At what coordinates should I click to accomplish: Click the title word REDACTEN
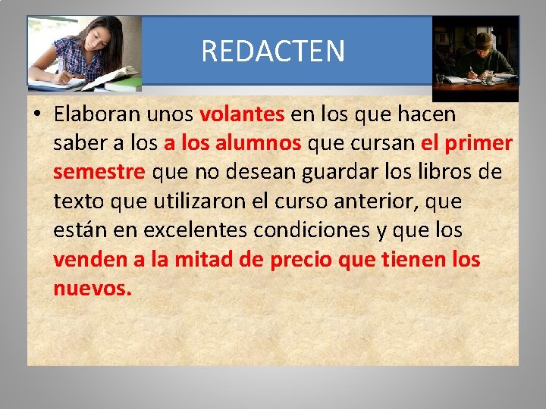[x=273, y=52]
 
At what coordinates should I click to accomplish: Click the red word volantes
[x=242, y=114]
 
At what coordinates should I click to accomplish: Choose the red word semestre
[x=99, y=173]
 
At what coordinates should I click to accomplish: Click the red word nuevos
[x=93, y=289]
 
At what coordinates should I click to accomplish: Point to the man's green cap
[x=483, y=38]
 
